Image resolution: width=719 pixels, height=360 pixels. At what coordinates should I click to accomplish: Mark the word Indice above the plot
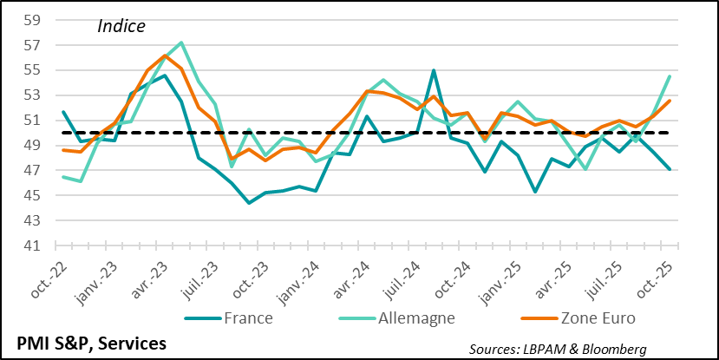pyautogui.click(x=121, y=27)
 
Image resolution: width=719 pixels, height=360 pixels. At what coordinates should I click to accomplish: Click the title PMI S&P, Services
pyautogui.click(x=85, y=344)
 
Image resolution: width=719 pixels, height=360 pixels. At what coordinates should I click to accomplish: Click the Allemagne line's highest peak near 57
pyautogui.click(x=180, y=43)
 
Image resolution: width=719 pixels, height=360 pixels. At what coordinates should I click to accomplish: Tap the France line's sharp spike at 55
pyautogui.click(x=434, y=70)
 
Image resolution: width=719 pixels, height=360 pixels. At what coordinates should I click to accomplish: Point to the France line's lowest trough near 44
pyautogui.click(x=249, y=203)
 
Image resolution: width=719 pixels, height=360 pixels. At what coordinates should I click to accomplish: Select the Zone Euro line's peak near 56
pyautogui.click(x=164, y=56)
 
